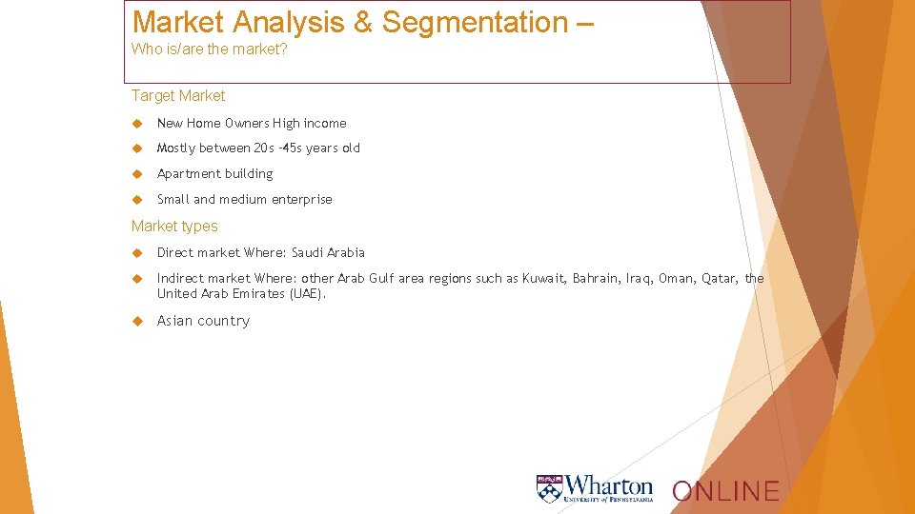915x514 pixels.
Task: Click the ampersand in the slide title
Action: tap(362, 22)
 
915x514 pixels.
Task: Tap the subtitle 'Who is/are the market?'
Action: tap(209, 49)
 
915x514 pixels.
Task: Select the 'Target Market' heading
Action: tap(178, 95)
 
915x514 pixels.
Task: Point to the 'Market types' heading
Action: tap(174, 226)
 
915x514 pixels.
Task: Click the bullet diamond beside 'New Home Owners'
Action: tap(137, 123)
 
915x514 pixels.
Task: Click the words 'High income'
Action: tap(310, 123)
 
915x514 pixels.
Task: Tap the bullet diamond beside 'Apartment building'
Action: tap(137, 173)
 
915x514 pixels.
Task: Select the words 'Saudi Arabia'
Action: tap(328, 252)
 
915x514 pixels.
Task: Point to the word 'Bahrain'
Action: tap(596, 278)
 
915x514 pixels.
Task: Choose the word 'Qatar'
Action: tap(720, 278)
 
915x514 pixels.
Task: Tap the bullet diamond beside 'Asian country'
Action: tap(137, 321)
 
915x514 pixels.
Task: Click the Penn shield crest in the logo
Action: tap(550, 488)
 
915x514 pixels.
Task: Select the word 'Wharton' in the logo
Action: tap(610, 484)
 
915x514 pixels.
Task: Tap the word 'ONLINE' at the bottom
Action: tap(725, 491)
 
